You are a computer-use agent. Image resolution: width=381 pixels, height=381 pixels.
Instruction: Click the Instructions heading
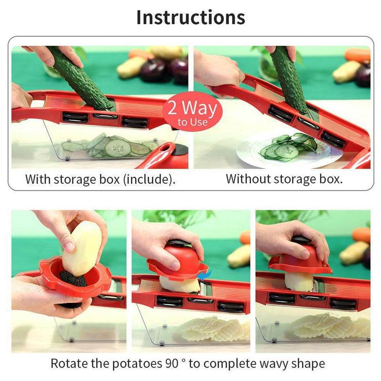(190, 17)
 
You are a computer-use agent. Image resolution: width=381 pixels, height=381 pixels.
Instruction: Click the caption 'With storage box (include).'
(100, 180)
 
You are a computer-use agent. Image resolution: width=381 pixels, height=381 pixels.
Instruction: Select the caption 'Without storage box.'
(284, 179)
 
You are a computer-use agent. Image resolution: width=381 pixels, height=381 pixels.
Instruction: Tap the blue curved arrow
(205, 275)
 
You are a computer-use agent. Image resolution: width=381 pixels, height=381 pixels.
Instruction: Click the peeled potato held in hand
(82, 248)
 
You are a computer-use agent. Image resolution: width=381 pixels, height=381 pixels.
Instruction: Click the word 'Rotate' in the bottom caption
(67, 364)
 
